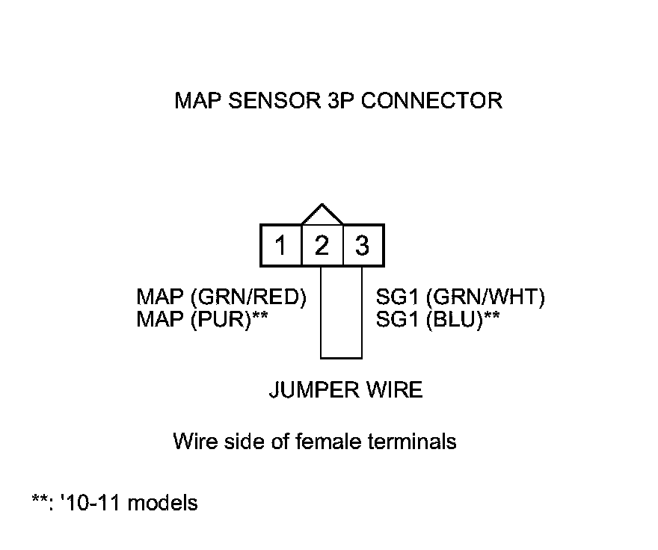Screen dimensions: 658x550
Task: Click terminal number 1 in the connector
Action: click(280, 245)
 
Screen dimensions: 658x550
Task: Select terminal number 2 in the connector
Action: click(322, 245)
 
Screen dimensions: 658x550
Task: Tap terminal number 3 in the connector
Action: click(363, 245)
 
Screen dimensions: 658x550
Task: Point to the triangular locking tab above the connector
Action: click(322, 214)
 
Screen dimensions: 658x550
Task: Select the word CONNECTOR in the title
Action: click(431, 101)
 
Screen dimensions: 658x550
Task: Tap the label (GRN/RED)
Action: click(250, 297)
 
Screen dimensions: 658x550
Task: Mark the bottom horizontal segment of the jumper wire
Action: click(342, 358)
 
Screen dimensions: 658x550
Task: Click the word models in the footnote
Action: click(163, 503)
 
